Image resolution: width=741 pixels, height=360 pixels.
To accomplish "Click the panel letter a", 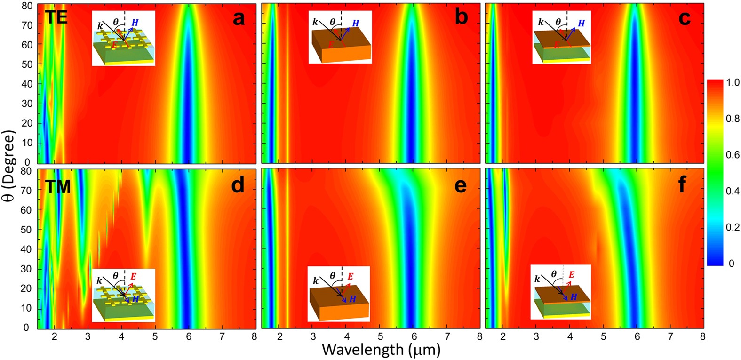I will pyautogui.click(x=239, y=19).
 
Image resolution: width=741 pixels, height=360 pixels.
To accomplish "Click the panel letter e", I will pyautogui.click(x=461, y=185).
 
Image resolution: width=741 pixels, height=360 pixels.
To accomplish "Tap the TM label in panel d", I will pyautogui.click(x=57, y=187).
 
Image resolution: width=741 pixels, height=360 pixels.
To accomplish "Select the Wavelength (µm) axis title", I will pyautogui.click(x=382, y=349).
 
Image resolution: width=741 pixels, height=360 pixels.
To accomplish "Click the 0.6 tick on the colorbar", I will pyautogui.click(x=732, y=155).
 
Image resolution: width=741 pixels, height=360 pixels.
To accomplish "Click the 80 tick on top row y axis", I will pyautogui.click(x=27, y=5).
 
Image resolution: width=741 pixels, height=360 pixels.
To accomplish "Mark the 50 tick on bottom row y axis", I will pyautogui.click(x=27, y=230).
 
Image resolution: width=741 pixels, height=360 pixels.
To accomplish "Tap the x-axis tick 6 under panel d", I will pyautogui.click(x=189, y=336).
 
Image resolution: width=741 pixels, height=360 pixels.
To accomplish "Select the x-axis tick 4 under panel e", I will pyautogui.click(x=347, y=336).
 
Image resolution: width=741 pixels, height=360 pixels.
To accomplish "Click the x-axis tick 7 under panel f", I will pyautogui.click(x=670, y=336).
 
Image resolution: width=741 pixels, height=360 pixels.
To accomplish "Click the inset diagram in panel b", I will pyautogui.click(x=340, y=37).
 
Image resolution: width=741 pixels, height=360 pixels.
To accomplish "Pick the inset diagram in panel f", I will pyautogui.click(x=560, y=292).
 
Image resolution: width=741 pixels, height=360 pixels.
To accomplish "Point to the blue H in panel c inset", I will pyautogui.click(x=581, y=23).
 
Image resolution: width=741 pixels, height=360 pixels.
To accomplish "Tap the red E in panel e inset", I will pyautogui.click(x=350, y=276).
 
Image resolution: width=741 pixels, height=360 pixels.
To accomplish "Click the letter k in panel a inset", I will pyautogui.click(x=100, y=26).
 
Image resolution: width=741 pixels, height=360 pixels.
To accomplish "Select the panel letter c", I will pyautogui.click(x=685, y=19).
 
